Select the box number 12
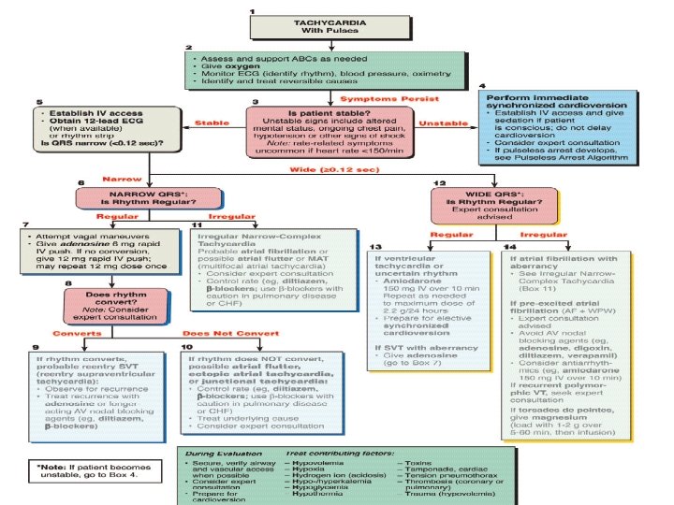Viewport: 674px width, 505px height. tap(440, 182)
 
